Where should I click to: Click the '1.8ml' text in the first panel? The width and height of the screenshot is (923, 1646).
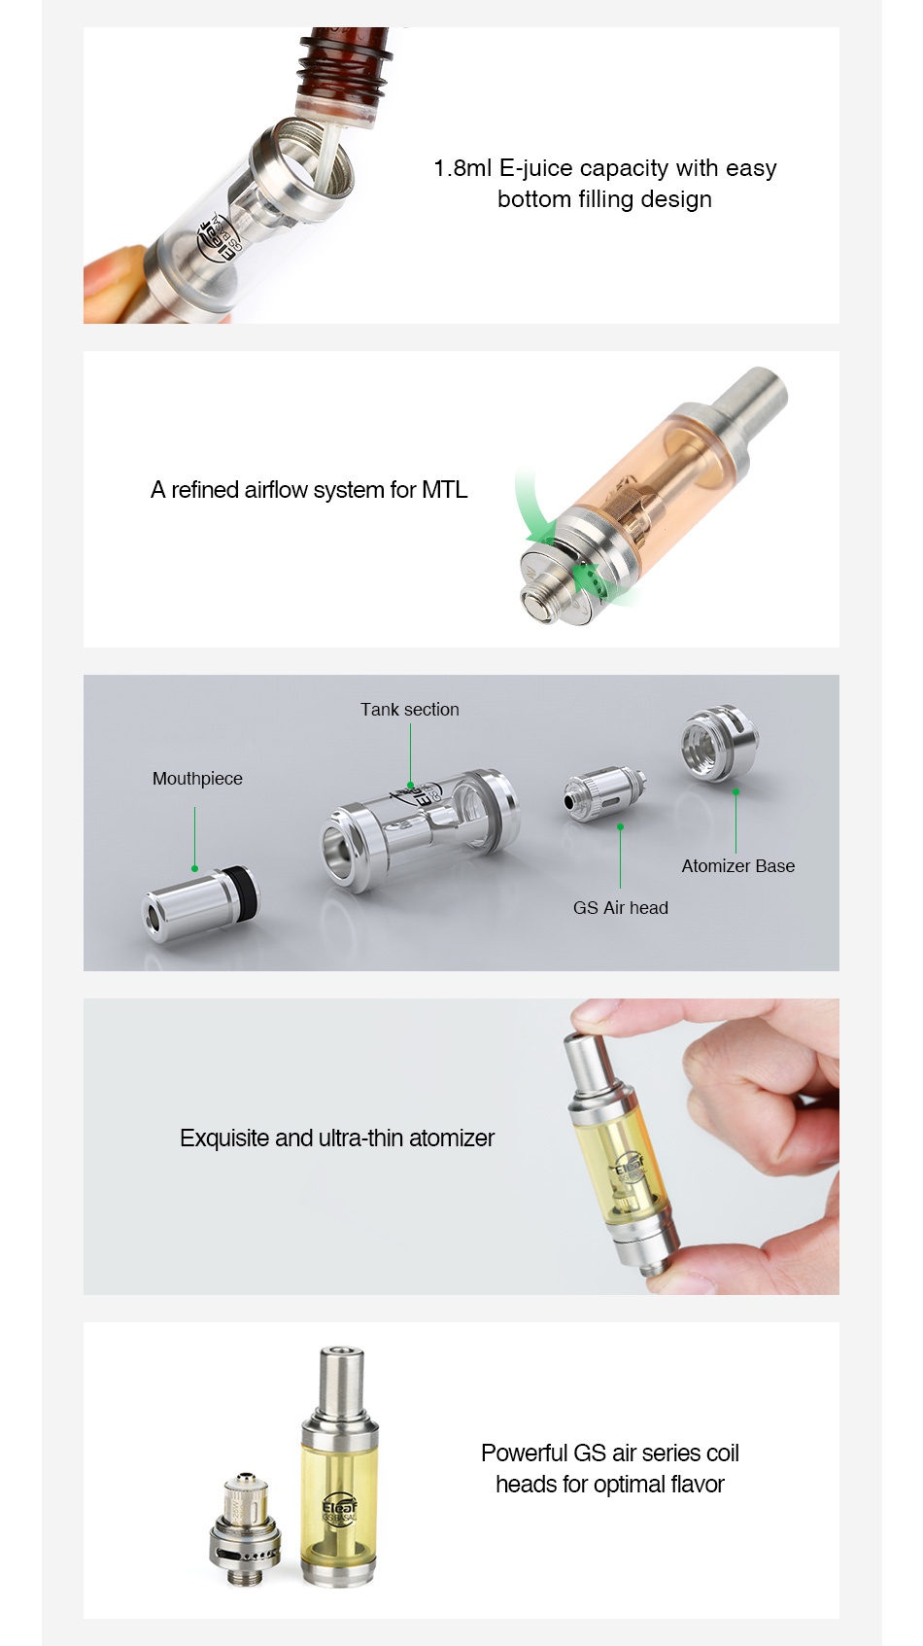(462, 168)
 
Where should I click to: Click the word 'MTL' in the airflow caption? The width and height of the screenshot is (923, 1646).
(444, 490)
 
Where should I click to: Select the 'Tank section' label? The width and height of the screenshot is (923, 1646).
(409, 710)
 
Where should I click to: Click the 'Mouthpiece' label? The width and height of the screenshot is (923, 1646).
(197, 779)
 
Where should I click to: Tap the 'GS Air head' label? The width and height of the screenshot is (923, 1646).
(620, 908)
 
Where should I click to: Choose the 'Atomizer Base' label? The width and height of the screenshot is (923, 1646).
(737, 866)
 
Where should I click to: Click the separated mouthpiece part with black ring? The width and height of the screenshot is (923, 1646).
(201, 903)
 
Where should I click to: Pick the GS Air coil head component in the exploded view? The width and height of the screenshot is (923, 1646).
(603, 791)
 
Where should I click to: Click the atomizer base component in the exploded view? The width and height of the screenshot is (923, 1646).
(718, 744)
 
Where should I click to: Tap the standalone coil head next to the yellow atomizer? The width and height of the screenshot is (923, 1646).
(245, 1531)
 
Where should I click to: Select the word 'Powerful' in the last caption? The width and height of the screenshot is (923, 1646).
(524, 1453)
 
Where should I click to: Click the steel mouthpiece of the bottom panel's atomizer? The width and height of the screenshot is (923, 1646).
(340, 1382)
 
